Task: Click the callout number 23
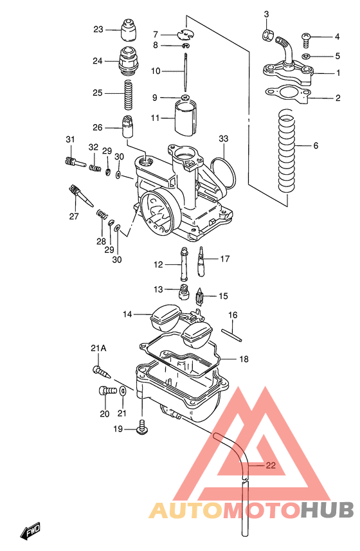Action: (98, 30)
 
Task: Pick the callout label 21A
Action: (98, 348)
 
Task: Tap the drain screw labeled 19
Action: (142, 426)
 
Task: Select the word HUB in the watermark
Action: (328, 510)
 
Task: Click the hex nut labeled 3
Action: (267, 34)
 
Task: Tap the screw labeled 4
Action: (305, 40)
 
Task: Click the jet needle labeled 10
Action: (185, 73)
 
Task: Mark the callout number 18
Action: (244, 359)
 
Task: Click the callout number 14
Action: (127, 314)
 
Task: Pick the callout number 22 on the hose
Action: (271, 467)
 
